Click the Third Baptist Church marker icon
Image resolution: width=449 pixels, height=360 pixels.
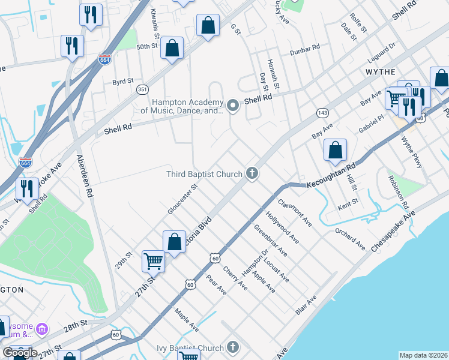252,174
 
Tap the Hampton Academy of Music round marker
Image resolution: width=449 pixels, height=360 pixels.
233,106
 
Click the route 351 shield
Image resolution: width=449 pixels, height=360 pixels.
142,89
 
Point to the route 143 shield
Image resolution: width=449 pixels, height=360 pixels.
322,113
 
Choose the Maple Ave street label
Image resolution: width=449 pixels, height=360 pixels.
186,320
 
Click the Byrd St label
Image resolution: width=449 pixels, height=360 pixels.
122,80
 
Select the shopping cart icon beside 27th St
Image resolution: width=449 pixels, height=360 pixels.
153,262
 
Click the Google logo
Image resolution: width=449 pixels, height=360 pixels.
20,353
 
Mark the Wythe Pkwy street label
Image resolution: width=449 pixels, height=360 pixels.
412,151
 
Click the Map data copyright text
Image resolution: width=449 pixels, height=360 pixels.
423,355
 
